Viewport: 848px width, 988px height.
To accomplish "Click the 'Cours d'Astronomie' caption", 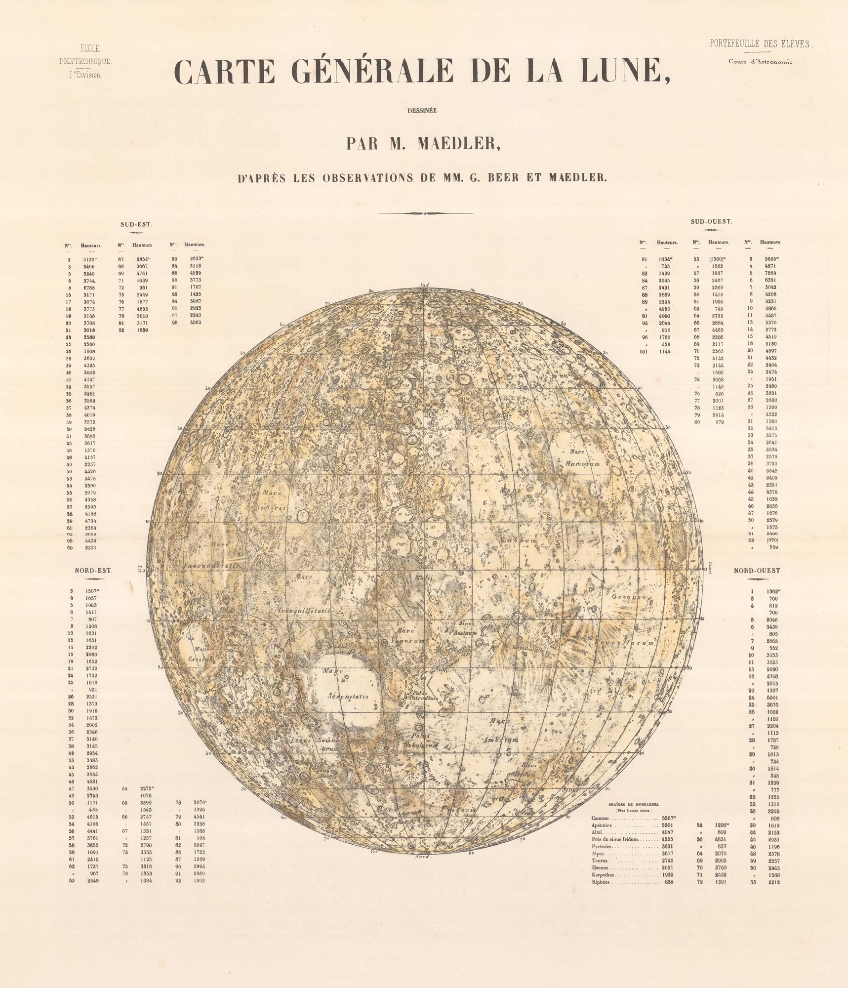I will coord(760,62).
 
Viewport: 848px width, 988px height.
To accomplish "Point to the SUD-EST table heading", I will coord(136,224).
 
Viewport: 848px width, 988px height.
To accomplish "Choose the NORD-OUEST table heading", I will coord(757,571).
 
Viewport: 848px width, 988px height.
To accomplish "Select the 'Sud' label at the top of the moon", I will coord(423,285).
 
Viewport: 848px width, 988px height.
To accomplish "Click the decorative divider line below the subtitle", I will coord(424,213).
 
